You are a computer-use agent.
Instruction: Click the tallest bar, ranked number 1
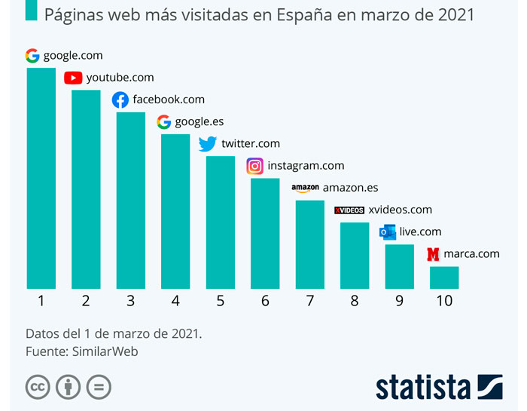(x=41, y=178)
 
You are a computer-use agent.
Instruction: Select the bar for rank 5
(x=220, y=222)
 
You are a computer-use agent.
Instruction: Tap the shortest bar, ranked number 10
(x=444, y=277)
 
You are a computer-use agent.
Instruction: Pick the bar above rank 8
(x=355, y=255)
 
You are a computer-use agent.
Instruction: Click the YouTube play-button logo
(x=73, y=77)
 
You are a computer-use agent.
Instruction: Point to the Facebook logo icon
(x=120, y=100)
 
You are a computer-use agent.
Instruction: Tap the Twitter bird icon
(x=207, y=143)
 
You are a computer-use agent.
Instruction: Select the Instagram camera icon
(x=255, y=166)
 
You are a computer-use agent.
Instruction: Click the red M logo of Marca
(x=433, y=254)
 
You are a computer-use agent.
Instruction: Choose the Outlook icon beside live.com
(x=388, y=232)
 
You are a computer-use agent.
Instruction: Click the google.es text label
(x=199, y=121)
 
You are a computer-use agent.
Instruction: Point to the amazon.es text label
(x=350, y=188)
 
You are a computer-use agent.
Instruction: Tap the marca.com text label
(x=471, y=253)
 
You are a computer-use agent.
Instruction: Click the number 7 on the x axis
(x=310, y=300)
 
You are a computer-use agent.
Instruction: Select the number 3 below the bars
(x=130, y=300)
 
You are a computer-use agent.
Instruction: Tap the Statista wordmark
(x=423, y=386)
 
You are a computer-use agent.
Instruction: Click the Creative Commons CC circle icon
(x=38, y=386)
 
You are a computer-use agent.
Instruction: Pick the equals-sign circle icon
(x=99, y=386)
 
